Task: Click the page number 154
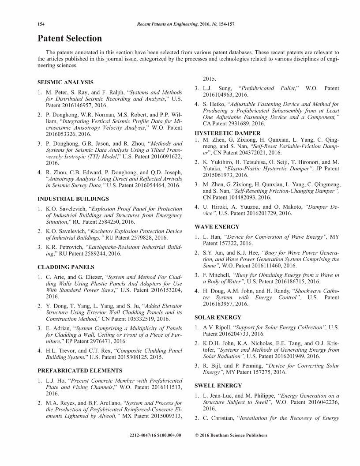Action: click(42, 23)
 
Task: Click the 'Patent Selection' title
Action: click(70, 38)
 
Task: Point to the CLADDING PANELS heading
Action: click(66, 267)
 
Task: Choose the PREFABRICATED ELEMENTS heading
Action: click(80, 370)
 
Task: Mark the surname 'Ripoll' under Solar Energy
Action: click(221, 327)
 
